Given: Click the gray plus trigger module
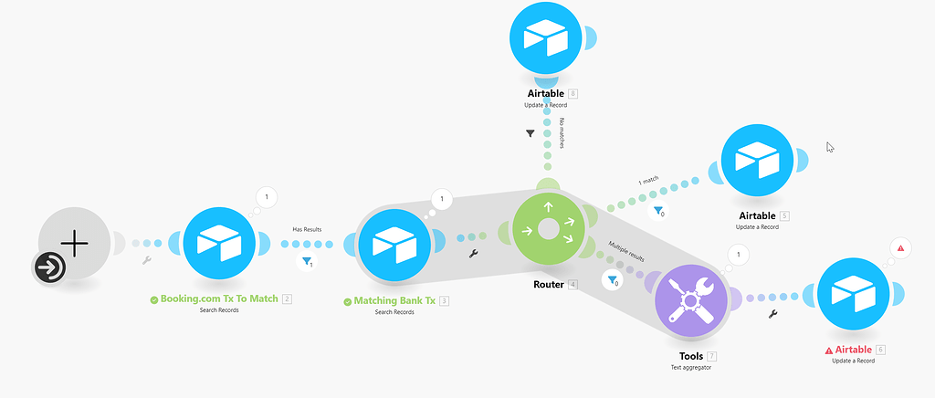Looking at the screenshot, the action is pyautogui.click(x=75, y=243).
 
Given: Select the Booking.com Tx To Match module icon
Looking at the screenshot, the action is pyautogui.click(x=219, y=243).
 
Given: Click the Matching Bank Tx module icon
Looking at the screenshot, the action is pyautogui.click(x=394, y=243).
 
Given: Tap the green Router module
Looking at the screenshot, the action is pyautogui.click(x=549, y=229).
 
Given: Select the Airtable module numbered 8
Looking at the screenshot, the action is pyautogui.click(x=546, y=37).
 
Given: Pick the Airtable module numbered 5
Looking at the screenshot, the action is pyautogui.click(x=757, y=161).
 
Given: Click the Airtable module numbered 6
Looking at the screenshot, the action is pyautogui.click(x=854, y=294).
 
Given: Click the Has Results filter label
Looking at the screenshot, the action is pyautogui.click(x=307, y=229).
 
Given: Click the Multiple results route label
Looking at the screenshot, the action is pyautogui.click(x=626, y=251).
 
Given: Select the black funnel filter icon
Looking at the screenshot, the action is pyautogui.click(x=531, y=134).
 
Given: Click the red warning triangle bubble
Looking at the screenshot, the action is pyautogui.click(x=900, y=248).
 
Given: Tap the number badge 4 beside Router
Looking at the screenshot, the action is pyautogui.click(x=573, y=285).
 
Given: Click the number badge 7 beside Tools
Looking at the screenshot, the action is pyautogui.click(x=712, y=356).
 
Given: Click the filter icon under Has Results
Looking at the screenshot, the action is pyautogui.click(x=307, y=261).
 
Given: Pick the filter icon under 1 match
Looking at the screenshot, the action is pyautogui.click(x=658, y=210).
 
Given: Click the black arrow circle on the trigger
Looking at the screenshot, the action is pyautogui.click(x=49, y=268).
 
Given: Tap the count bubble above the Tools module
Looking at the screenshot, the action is pyautogui.click(x=738, y=255).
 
